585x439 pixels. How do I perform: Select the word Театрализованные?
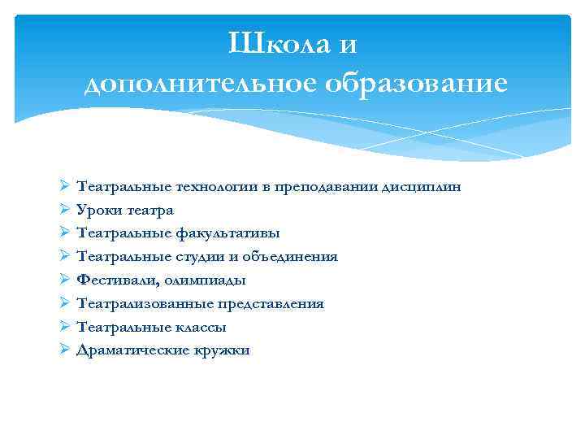point(144,304)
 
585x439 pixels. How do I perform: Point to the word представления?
point(270,304)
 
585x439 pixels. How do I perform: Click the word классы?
point(199,328)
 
